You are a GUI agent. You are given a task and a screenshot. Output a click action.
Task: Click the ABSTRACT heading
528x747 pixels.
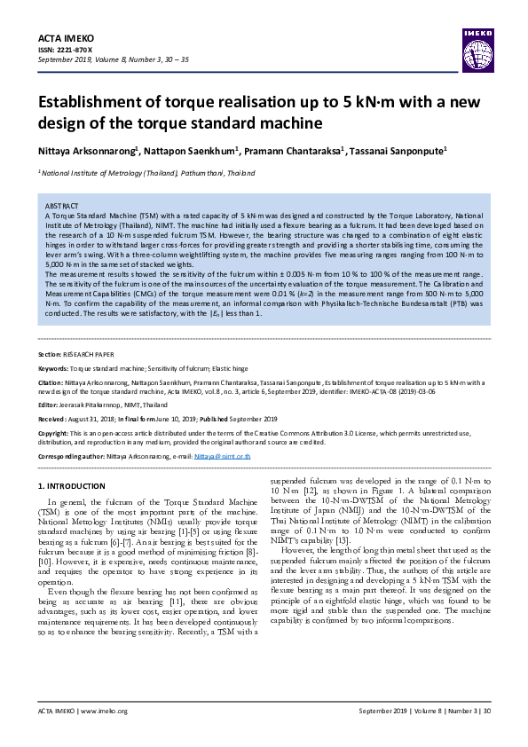(x=61, y=205)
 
